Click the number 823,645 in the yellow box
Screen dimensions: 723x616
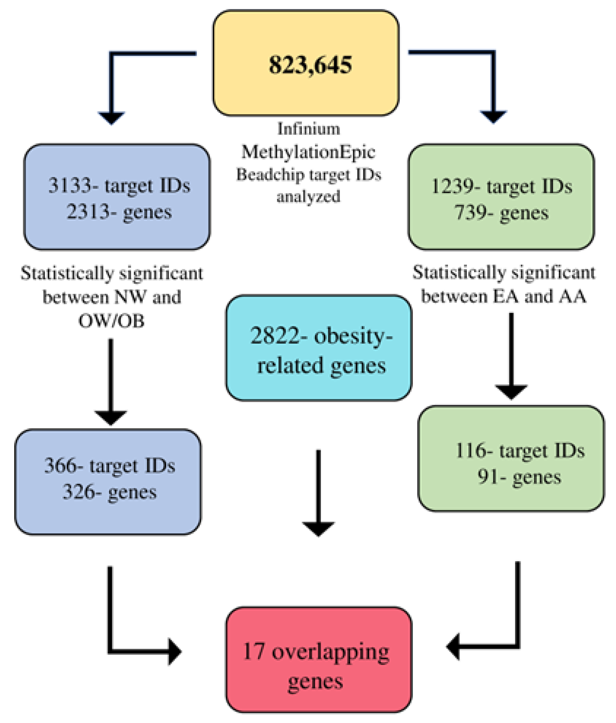[x=310, y=65]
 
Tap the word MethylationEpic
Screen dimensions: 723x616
[x=308, y=152]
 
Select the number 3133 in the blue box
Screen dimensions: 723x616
[x=70, y=185]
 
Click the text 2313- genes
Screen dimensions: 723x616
[x=119, y=211]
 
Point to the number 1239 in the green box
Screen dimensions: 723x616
[x=452, y=186]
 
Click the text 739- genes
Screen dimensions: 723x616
[x=501, y=212]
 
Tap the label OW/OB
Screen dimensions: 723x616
[x=111, y=321]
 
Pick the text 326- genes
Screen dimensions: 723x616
[x=110, y=492]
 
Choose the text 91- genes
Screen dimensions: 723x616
[x=519, y=477]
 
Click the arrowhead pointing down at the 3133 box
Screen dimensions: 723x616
[x=111, y=118]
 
